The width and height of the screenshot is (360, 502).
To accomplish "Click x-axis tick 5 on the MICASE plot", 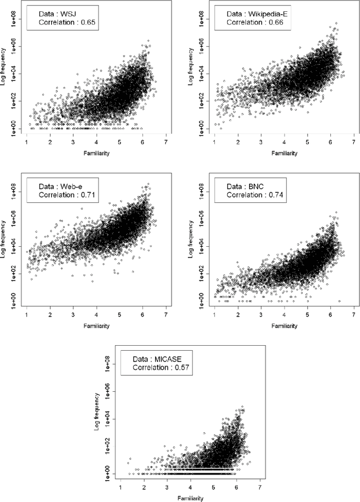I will tap(213, 489).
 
